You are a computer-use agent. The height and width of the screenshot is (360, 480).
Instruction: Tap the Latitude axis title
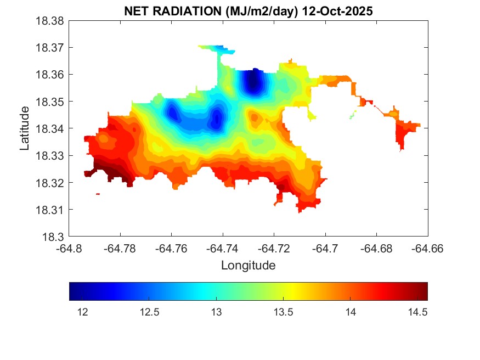pyautogui.click(x=25, y=129)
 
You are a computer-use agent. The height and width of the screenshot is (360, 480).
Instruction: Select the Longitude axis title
pyautogui.click(x=248, y=266)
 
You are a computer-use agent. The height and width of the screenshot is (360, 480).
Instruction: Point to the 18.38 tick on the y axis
pyautogui.click(x=50, y=21)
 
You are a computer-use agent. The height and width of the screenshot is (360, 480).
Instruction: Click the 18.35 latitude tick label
pyautogui.click(x=50, y=102)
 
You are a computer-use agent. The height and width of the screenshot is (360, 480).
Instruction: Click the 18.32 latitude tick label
pyautogui.click(x=50, y=183)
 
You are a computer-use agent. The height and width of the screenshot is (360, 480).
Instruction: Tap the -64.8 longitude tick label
pyautogui.click(x=70, y=248)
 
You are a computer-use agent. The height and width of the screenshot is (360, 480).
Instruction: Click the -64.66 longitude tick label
pyautogui.click(x=427, y=248)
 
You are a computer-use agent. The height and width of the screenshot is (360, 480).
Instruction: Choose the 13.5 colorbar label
pyautogui.click(x=285, y=312)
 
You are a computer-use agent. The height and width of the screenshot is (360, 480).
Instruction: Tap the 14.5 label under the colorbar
pyautogui.click(x=417, y=312)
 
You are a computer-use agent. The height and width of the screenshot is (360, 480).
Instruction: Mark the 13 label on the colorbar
pyautogui.click(x=216, y=312)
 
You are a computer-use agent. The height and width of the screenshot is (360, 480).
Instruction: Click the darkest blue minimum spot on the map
pyautogui.click(x=252, y=83)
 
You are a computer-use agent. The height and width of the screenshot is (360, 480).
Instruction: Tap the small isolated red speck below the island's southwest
pyautogui.click(x=98, y=194)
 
